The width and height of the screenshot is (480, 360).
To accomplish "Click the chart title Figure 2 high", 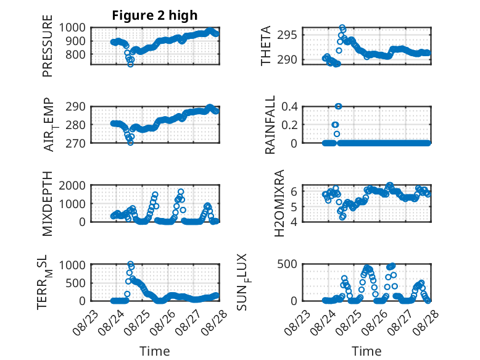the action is (x=155, y=15).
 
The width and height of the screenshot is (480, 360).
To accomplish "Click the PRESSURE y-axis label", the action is (x=48, y=46).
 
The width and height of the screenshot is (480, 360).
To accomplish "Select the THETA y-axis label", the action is (x=266, y=46).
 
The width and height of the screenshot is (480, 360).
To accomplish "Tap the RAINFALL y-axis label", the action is (x=270, y=125).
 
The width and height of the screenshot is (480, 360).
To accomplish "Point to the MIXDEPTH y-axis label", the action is (x=48, y=204).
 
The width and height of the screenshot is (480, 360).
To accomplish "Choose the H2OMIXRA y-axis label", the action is (x=279, y=203).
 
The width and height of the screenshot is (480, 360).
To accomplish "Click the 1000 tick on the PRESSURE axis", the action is (x=72, y=28).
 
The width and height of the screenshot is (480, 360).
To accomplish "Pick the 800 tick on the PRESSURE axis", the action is (x=76, y=54).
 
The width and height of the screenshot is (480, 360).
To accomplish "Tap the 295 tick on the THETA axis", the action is (x=287, y=35).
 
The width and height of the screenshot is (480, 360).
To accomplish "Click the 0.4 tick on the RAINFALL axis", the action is (x=289, y=107).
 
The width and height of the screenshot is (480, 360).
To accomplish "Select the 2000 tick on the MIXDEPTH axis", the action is (x=72, y=185).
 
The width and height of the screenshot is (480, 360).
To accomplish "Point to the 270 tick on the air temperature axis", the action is (x=76, y=143).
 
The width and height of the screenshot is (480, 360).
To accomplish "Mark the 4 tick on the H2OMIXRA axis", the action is (x=294, y=222).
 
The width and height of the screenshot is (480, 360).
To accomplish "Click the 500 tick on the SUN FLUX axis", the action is (x=288, y=264).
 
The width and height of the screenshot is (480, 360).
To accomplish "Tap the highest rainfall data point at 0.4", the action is (x=338, y=106).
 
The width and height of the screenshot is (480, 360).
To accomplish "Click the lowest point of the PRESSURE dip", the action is (x=130, y=64).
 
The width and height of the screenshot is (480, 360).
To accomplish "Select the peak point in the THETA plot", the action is (x=342, y=27).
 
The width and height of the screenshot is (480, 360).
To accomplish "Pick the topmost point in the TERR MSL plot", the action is (x=130, y=264).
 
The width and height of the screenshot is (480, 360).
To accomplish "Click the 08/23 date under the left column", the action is (x=86, y=322).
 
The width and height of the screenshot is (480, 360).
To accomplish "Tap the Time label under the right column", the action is (x=366, y=351).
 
